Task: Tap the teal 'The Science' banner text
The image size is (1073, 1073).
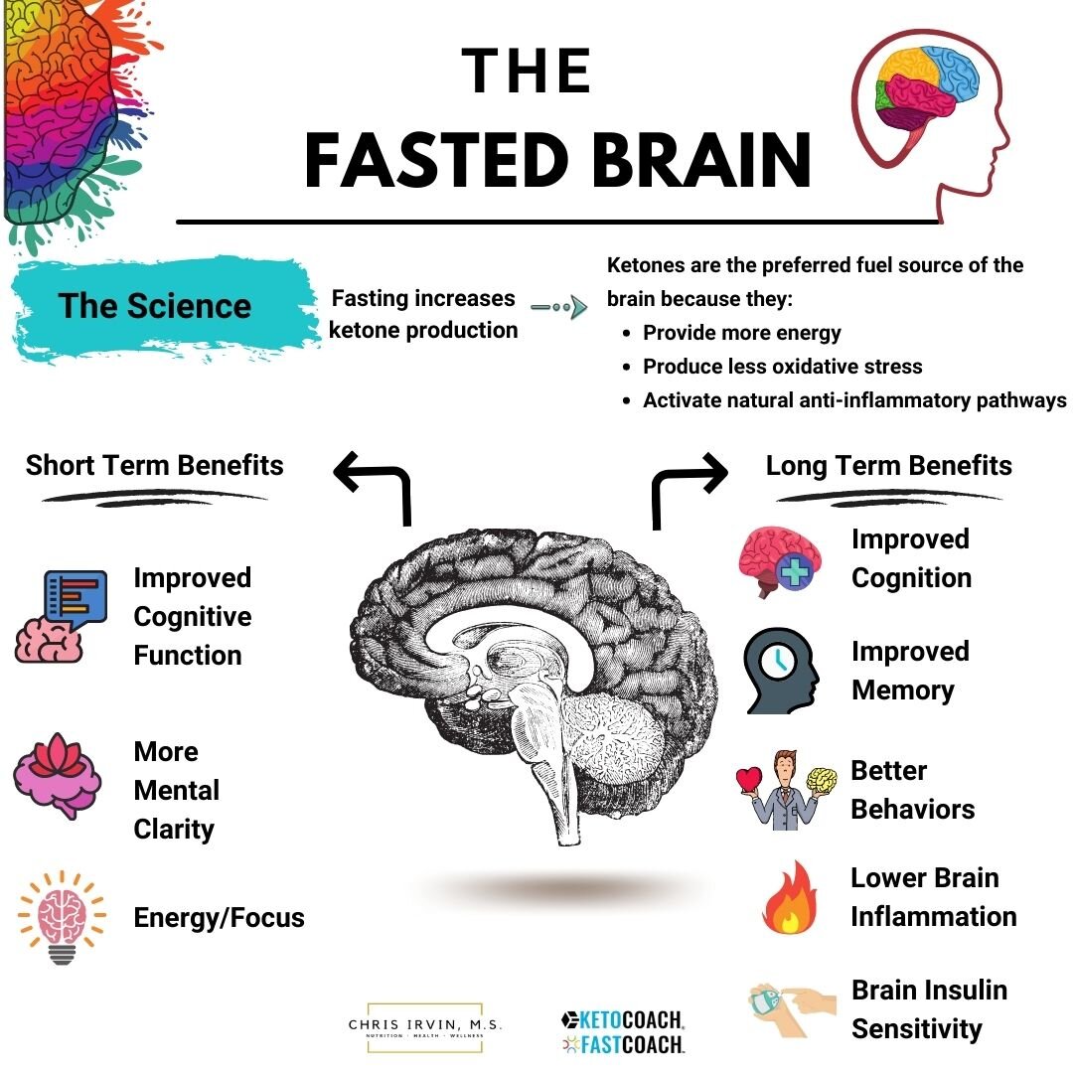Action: pyautogui.click(x=155, y=306)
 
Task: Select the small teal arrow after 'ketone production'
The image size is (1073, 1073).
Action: pyautogui.click(x=558, y=307)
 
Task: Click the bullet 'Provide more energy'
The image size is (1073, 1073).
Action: pyautogui.click(x=742, y=333)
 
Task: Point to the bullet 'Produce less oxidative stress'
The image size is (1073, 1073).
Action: pyautogui.click(x=782, y=366)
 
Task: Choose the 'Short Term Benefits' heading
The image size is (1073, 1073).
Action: pyautogui.click(x=155, y=465)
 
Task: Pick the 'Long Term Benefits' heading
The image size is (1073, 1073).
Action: pyautogui.click(x=888, y=466)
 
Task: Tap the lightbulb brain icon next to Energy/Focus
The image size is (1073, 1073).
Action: pyautogui.click(x=62, y=917)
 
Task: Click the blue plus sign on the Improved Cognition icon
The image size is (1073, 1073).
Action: pyautogui.click(x=795, y=571)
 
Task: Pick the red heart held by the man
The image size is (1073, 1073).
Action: pyautogui.click(x=749, y=780)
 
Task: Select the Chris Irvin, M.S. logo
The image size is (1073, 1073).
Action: pyautogui.click(x=425, y=1027)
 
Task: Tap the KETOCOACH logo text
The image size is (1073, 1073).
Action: pyautogui.click(x=623, y=1020)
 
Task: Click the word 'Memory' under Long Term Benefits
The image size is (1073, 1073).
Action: pyautogui.click(x=902, y=690)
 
